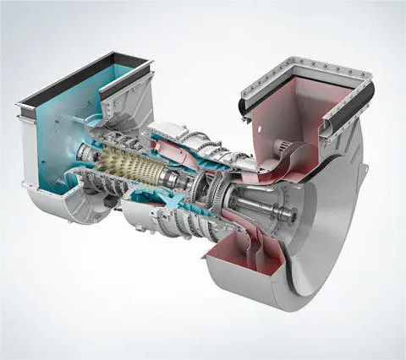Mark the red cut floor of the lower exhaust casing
pyautogui.click(x=245, y=262)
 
